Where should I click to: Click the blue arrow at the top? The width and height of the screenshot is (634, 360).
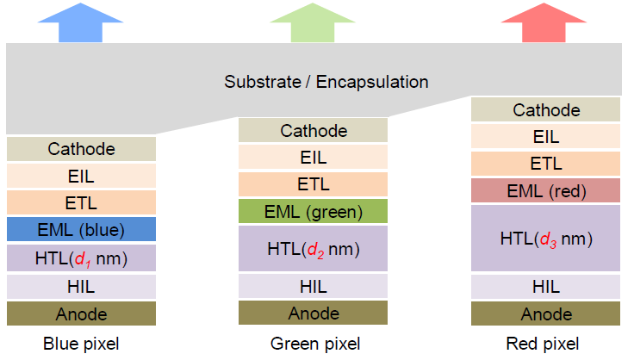click(x=80, y=23)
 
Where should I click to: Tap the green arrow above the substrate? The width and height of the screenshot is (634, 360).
click(x=313, y=23)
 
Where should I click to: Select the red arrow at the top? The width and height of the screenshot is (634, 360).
click(x=544, y=23)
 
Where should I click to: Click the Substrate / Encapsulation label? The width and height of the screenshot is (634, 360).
click(x=326, y=82)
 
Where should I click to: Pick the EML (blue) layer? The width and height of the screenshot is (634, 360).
click(x=81, y=229)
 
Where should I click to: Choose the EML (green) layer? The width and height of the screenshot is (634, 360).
click(x=313, y=211)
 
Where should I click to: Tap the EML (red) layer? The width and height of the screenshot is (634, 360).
click(x=545, y=190)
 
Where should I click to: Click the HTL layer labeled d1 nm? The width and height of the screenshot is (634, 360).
click(x=81, y=258)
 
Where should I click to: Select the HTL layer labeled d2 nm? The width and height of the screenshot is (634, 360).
click(x=313, y=249)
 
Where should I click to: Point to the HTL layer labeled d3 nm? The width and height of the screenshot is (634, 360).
click(x=545, y=238)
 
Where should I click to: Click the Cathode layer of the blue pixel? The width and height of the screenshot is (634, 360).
click(x=81, y=149)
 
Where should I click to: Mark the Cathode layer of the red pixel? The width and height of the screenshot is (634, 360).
click(x=545, y=109)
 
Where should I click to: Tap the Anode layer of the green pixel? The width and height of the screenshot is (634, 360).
click(x=313, y=313)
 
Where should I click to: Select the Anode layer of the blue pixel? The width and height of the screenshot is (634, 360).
click(x=81, y=313)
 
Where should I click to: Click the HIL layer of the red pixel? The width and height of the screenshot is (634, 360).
click(x=545, y=287)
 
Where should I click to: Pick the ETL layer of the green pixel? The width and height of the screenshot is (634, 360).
click(x=313, y=184)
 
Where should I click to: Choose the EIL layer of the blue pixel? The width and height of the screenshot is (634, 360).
click(x=81, y=176)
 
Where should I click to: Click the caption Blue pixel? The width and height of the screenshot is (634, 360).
click(x=81, y=344)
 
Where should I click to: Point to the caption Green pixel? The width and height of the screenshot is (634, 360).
click(x=315, y=344)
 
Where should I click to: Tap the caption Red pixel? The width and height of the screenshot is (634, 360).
click(x=543, y=344)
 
